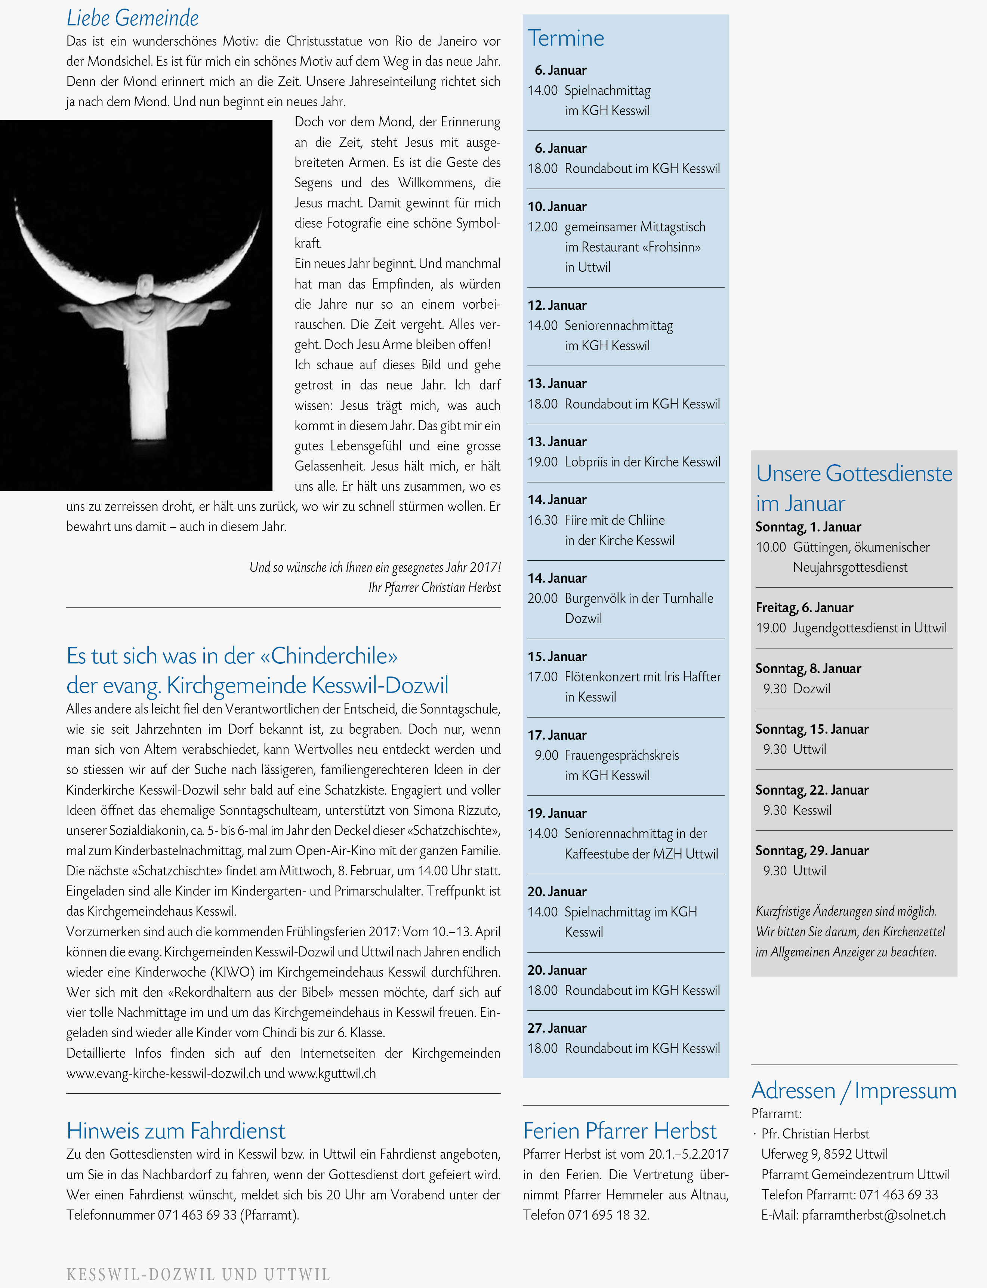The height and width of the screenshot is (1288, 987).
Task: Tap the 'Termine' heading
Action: (x=566, y=39)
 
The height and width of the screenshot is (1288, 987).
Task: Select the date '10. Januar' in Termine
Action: (x=557, y=207)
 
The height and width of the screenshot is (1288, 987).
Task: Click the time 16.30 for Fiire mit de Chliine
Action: (x=542, y=520)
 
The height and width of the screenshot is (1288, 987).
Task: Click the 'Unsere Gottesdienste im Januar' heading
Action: (x=854, y=488)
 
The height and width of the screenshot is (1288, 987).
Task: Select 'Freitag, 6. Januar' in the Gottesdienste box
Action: (x=804, y=608)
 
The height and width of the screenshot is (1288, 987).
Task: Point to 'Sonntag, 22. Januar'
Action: (x=812, y=790)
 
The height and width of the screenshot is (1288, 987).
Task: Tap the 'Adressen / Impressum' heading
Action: (x=854, y=1091)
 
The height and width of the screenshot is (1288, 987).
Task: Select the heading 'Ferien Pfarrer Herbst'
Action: (x=620, y=1131)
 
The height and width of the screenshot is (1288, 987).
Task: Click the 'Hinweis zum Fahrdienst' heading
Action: (x=176, y=1131)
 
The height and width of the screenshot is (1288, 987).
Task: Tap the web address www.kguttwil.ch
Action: (x=332, y=1073)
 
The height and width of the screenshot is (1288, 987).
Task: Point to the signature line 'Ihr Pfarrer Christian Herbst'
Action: (x=434, y=588)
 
